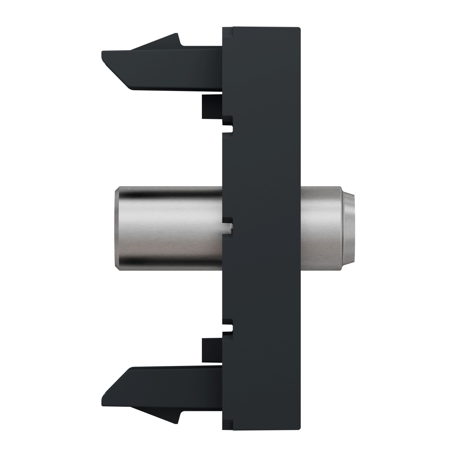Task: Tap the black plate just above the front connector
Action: point(263,168)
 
